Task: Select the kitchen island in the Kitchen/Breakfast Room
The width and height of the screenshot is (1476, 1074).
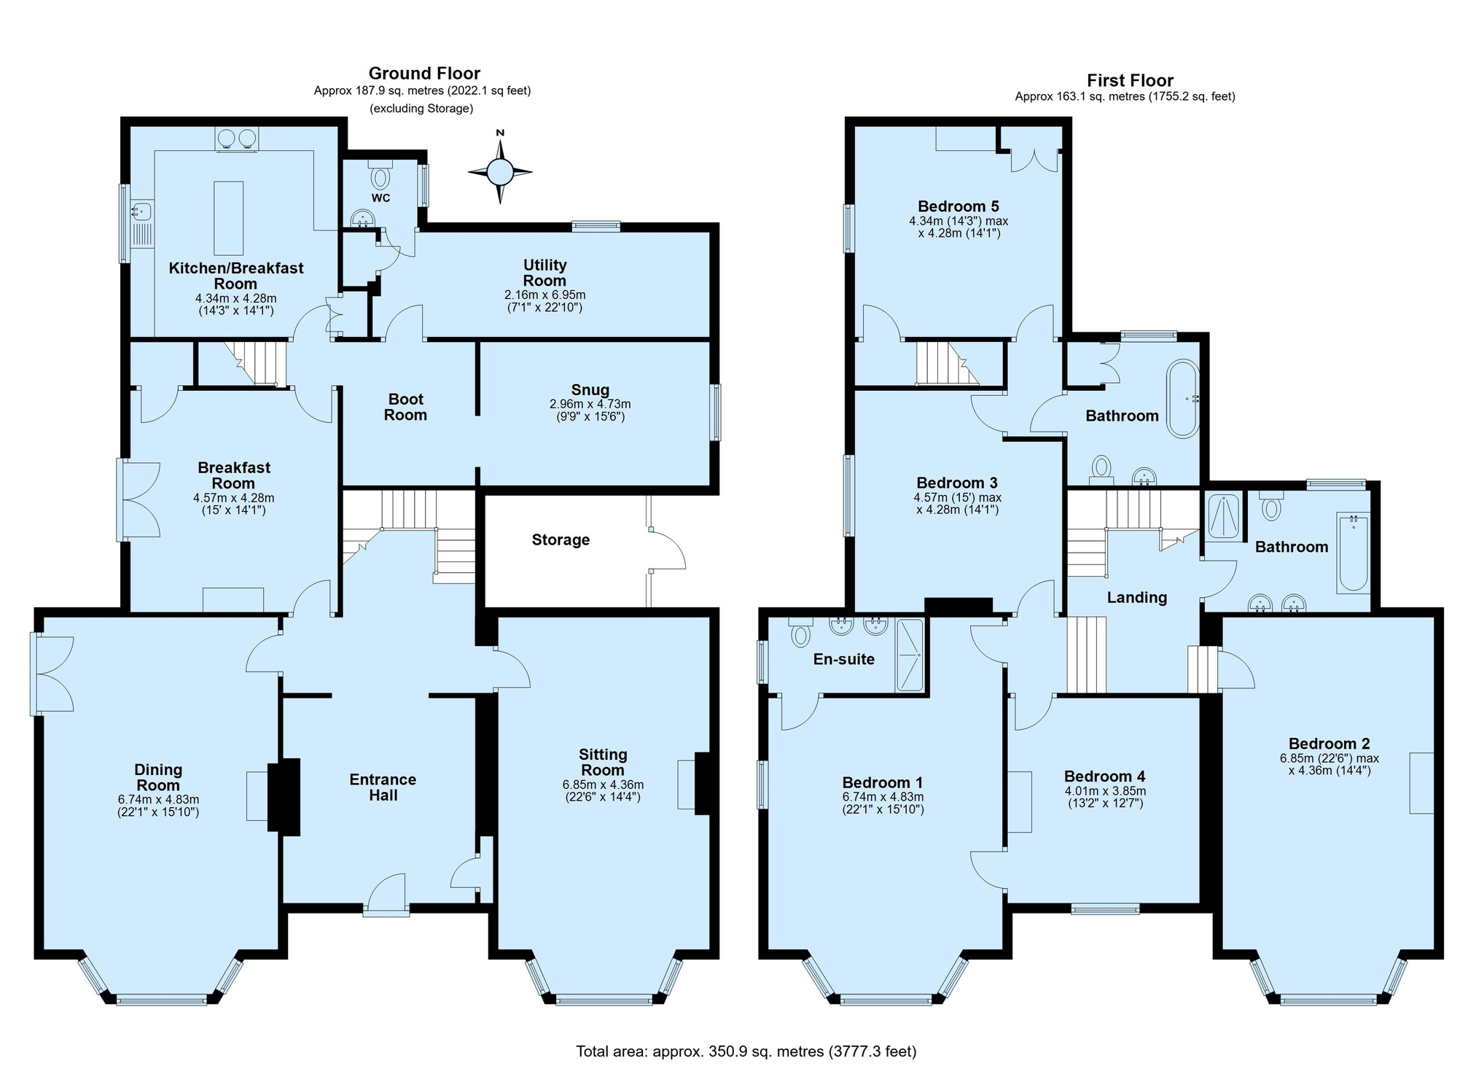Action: click(228, 218)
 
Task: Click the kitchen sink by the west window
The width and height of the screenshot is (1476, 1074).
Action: click(141, 211)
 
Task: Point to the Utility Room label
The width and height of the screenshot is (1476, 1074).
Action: click(544, 273)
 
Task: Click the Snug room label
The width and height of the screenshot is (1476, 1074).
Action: click(590, 390)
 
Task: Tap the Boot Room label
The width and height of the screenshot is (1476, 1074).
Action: click(405, 407)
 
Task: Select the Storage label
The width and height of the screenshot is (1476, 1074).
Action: click(561, 540)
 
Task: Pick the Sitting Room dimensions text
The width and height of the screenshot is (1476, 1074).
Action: click(603, 790)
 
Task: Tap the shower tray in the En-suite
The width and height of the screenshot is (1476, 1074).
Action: click(910, 655)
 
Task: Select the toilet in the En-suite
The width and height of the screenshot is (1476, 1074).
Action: click(800, 632)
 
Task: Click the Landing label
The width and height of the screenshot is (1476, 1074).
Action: click(1137, 598)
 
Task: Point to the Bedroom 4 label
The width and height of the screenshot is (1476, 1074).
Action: click(1105, 777)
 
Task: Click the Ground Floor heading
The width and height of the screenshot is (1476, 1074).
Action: click(424, 73)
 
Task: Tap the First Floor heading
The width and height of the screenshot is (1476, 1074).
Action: click(1130, 80)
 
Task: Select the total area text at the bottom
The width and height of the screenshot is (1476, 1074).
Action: click(746, 1051)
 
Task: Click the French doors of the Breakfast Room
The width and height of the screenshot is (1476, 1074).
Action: click(138, 500)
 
